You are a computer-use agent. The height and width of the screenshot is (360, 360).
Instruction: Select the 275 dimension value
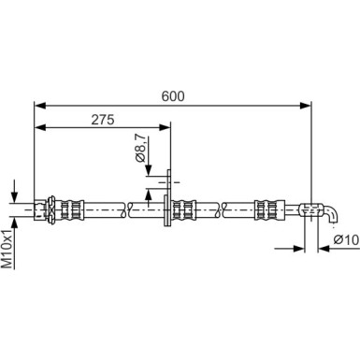click(x=103, y=118)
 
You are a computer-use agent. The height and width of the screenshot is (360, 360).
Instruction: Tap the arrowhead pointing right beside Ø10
click(x=302, y=249)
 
